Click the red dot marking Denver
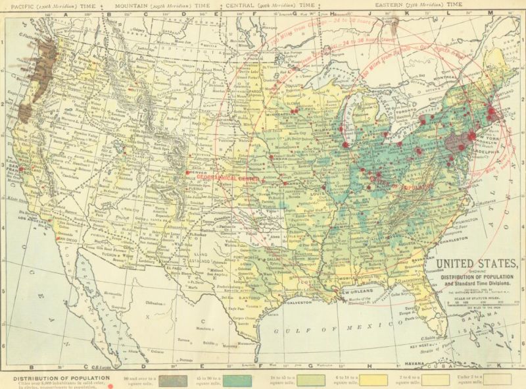(189, 172)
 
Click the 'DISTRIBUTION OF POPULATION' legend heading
(53, 378)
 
